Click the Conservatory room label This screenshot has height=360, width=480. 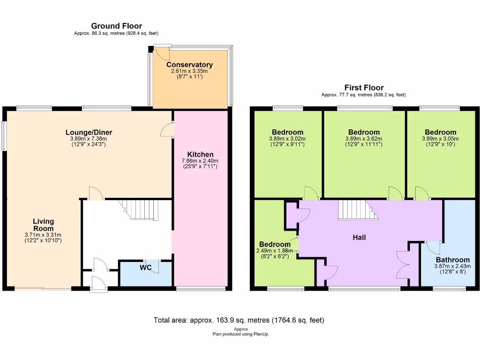(189, 65)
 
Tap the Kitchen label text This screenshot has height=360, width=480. (200, 154)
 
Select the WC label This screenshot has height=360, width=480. (146, 268)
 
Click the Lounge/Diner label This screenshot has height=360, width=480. (89, 132)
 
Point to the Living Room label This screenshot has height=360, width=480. (43, 225)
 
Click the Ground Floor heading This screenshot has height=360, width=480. (116, 26)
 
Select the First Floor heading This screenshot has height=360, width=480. (364, 87)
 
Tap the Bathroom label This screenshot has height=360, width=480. (452, 260)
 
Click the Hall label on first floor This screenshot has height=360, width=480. (359, 237)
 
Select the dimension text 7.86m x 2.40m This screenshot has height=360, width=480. (200, 161)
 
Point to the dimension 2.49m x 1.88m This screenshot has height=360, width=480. (275, 251)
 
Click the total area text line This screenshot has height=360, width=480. (239, 320)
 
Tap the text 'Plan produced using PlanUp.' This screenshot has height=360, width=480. (240, 334)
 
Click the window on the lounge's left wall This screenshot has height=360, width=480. (4, 136)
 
